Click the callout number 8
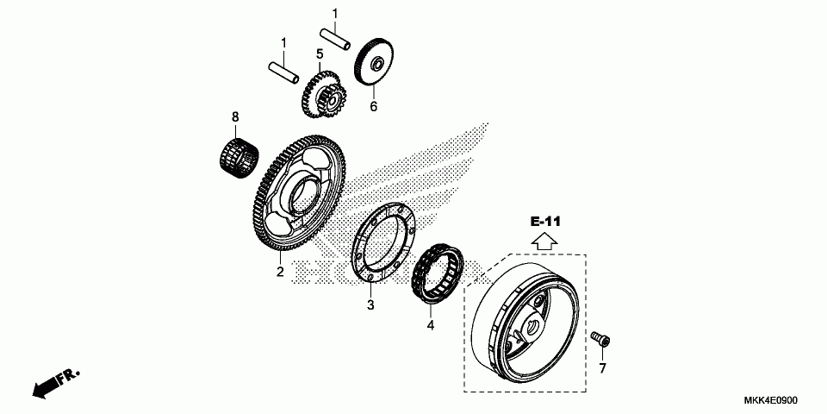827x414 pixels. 233,116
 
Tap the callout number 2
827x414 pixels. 280,273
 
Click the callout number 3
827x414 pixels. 370,304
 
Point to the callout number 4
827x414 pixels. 431,325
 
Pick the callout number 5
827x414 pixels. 319,54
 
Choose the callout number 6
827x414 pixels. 374,107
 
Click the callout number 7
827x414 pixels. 602,368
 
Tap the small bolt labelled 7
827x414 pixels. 600,339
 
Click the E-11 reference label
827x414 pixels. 546,222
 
